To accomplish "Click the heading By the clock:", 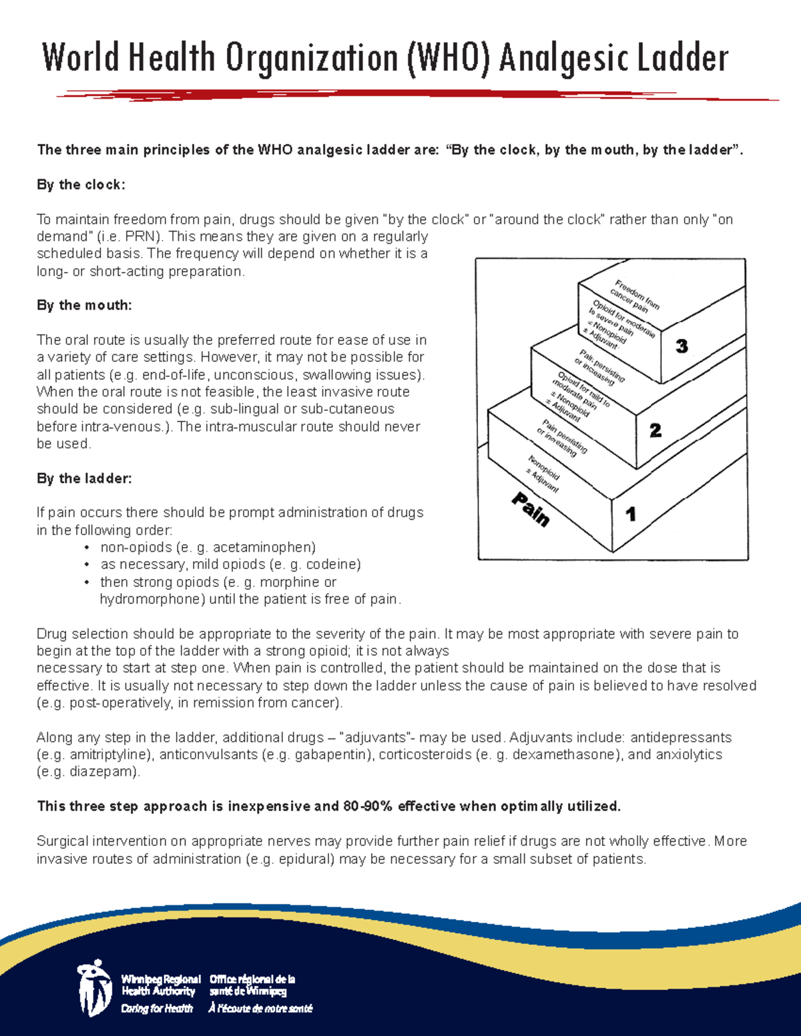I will click(x=81, y=185).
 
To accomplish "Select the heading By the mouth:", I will click(x=84, y=306).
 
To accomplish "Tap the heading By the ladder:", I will click(x=84, y=478).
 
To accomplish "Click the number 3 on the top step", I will click(x=682, y=346).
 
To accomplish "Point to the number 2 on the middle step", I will click(x=655, y=431).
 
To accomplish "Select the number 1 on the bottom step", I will click(x=630, y=514).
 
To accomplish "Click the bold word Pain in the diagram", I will click(x=531, y=509).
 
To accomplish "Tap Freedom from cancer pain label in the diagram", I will click(x=633, y=296).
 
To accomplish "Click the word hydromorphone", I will click(x=152, y=599).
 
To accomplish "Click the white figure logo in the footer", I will click(x=94, y=989).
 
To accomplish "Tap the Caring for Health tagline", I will click(x=157, y=1009).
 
